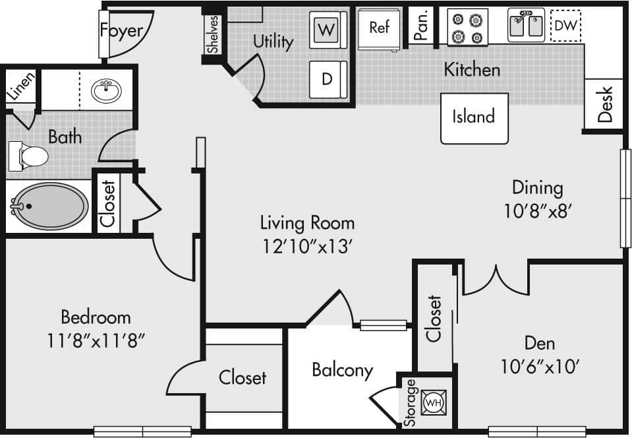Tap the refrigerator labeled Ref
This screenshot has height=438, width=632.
tap(380, 28)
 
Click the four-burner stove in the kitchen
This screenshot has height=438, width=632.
tap(467, 27)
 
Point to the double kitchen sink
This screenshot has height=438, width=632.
tap(526, 25)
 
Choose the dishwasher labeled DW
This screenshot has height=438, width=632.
tap(565, 26)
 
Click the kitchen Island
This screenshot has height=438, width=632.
tap(474, 117)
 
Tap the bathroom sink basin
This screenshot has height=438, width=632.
tap(105, 90)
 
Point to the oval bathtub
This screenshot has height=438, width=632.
tap(49, 206)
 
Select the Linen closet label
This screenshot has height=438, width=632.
tap(19, 86)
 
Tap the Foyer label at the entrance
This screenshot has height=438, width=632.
tap(121, 30)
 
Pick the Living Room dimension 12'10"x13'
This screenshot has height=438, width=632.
tap(307, 246)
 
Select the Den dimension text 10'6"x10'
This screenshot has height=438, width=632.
tap(540, 366)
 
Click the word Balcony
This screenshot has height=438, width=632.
tap(342, 370)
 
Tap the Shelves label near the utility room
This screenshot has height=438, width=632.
tap(212, 34)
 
